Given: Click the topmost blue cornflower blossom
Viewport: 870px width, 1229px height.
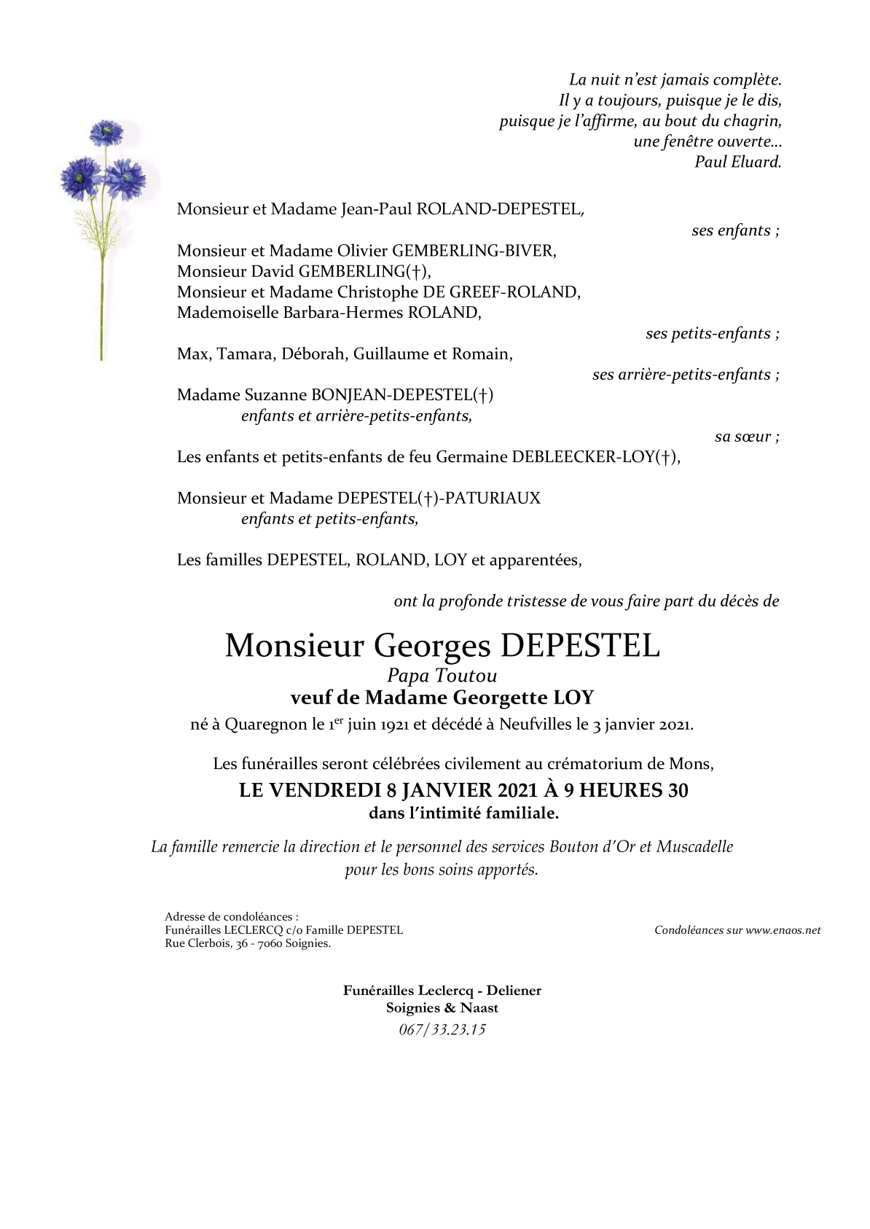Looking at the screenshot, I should click(106, 133).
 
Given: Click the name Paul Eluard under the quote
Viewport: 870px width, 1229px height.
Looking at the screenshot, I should click(737, 162).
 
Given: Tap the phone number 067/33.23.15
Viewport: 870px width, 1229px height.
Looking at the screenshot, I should click(442, 1029).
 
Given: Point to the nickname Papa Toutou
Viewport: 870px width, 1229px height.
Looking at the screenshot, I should click(442, 676).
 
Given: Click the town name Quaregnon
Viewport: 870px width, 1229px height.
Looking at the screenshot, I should click(266, 725).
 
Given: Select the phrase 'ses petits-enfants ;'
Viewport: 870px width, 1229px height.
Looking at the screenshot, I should click(712, 334).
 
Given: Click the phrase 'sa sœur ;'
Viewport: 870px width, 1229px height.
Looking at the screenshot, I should click(747, 437).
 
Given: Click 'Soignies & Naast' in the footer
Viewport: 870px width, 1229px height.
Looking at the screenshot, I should click(442, 1008).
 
